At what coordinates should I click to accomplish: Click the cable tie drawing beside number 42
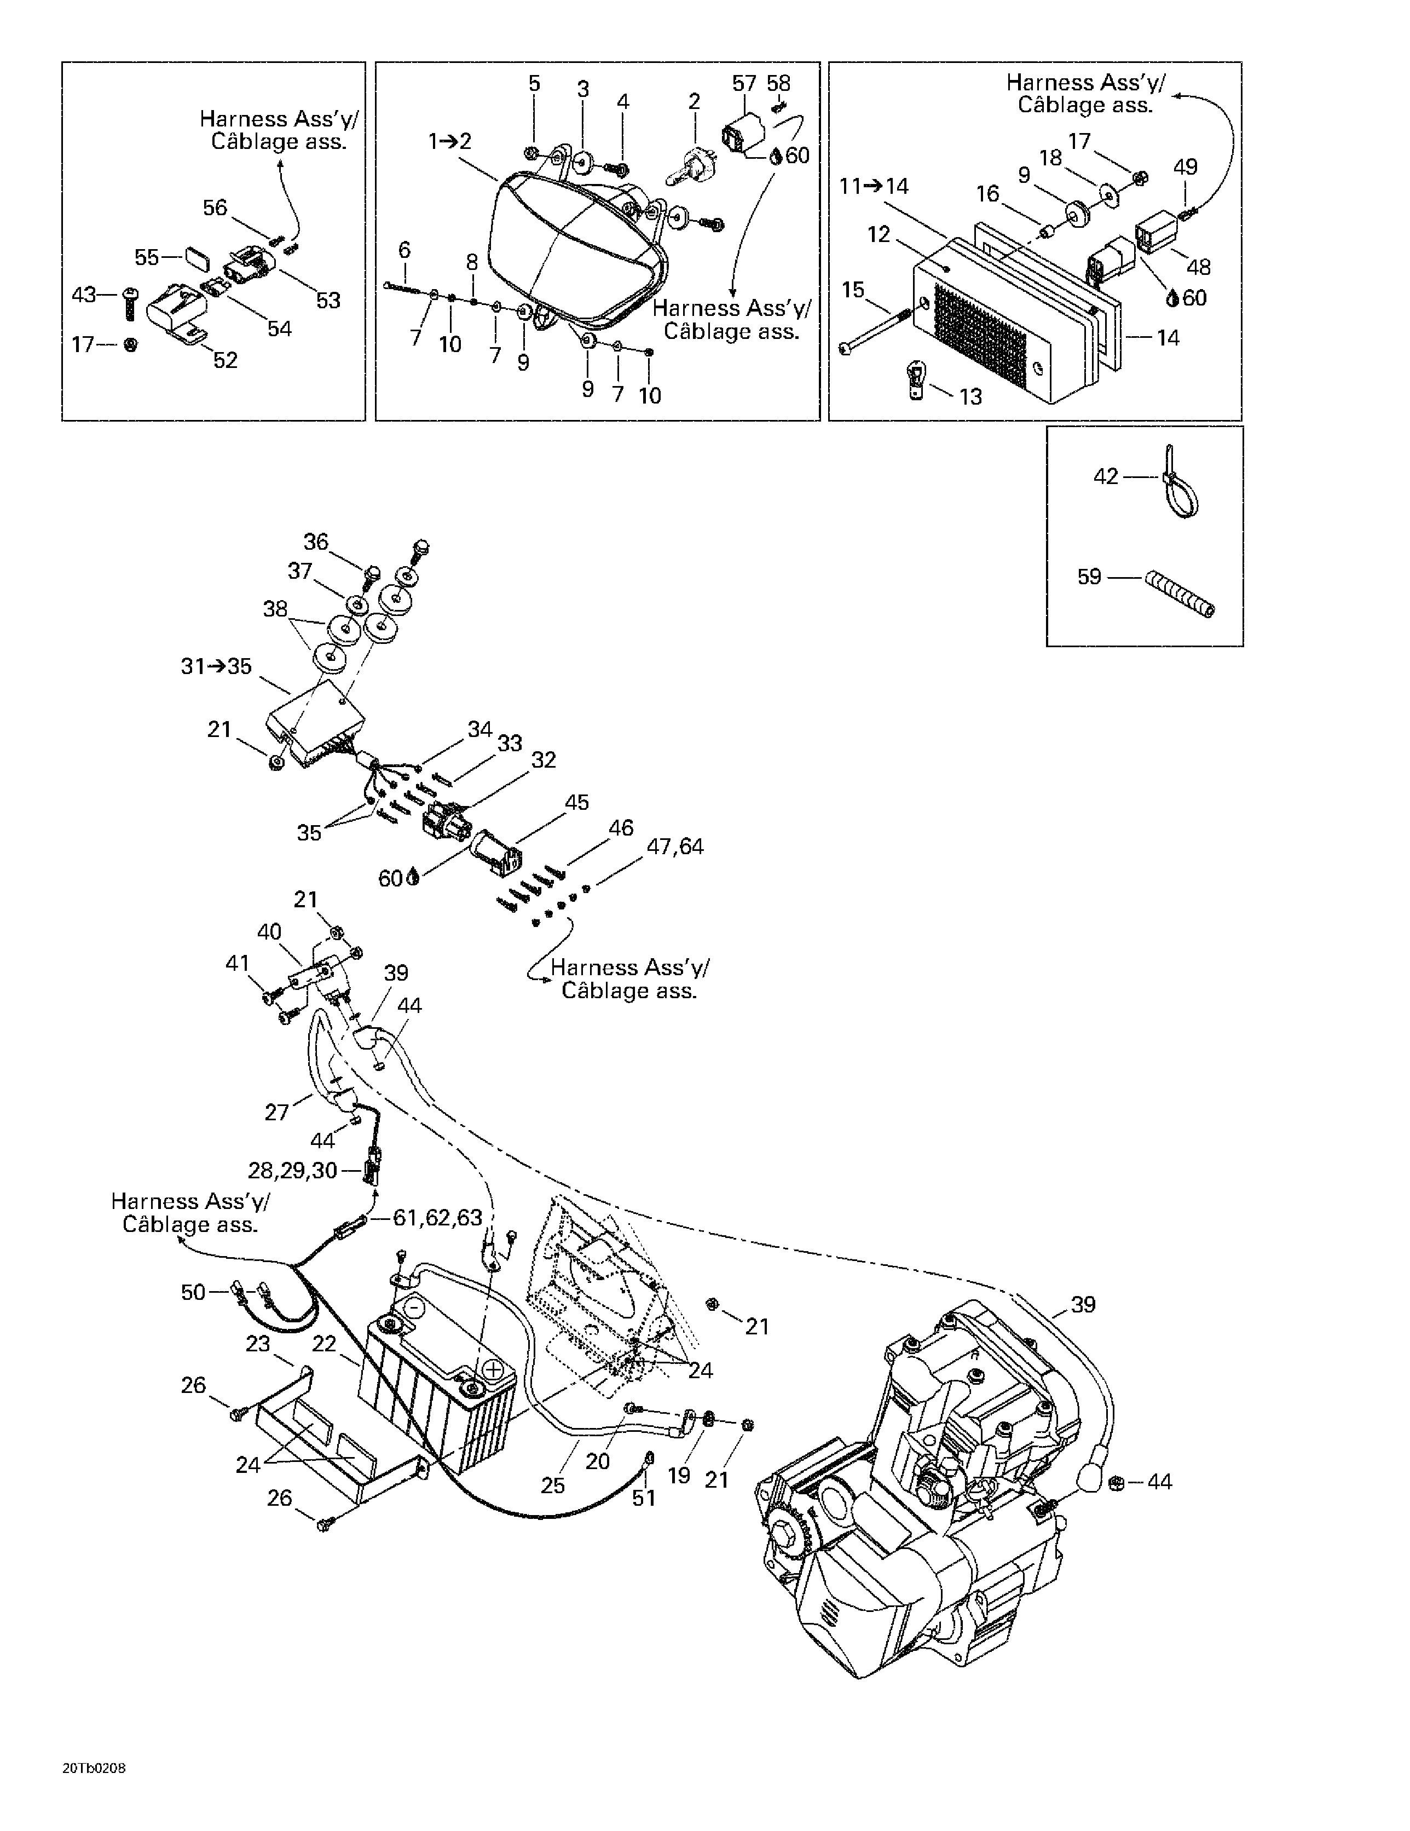pos(1180,486)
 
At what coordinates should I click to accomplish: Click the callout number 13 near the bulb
pos(970,396)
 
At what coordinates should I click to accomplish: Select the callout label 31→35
pos(216,666)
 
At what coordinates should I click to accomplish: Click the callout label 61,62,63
pos(437,1217)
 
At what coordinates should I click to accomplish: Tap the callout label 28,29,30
pos(292,1170)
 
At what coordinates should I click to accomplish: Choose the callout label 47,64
pos(675,846)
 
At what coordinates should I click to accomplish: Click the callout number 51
pos(644,1498)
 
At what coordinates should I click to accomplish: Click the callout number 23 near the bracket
pos(258,1344)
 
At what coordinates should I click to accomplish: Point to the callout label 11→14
pos(874,186)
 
